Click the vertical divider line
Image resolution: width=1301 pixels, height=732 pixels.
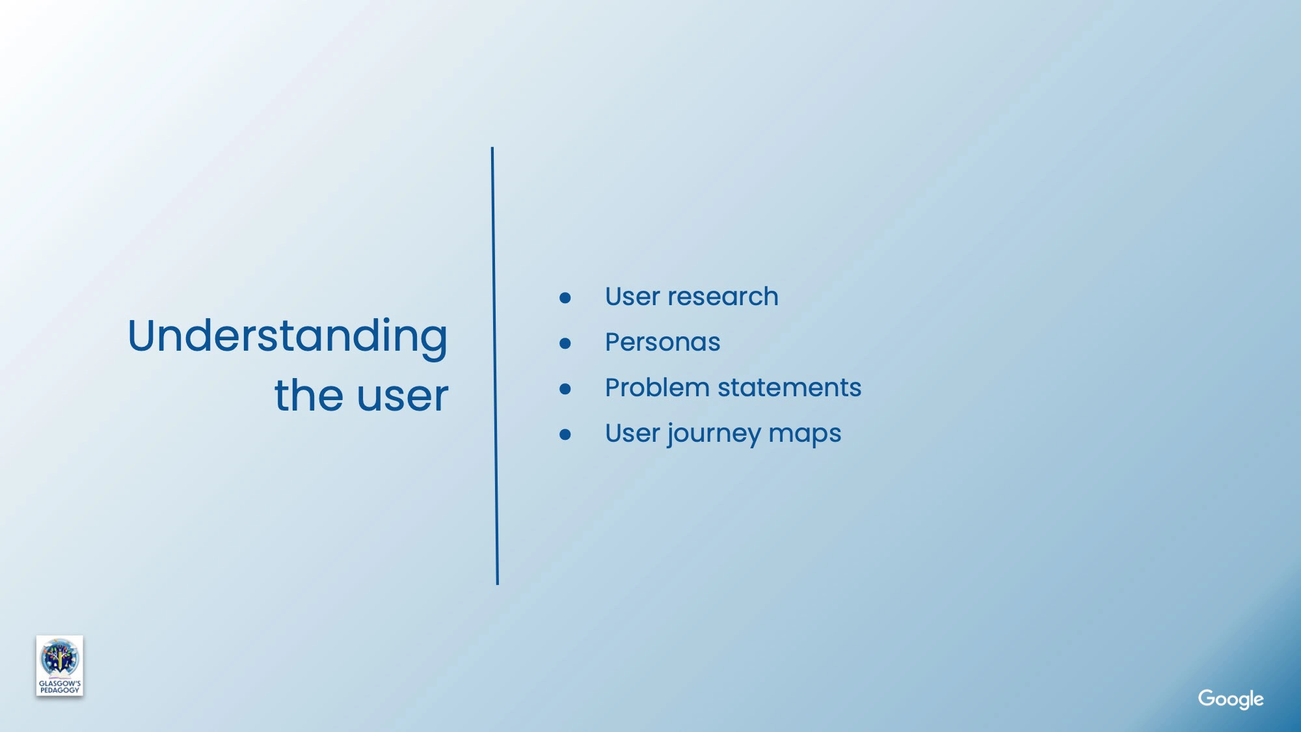tap(495, 366)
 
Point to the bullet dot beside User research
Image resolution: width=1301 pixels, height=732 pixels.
tap(565, 298)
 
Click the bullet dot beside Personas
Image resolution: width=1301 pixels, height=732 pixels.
tap(565, 344)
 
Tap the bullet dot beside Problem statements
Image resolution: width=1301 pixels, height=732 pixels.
tap(565, 389)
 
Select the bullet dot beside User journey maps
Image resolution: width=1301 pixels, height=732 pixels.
tap(565, 435)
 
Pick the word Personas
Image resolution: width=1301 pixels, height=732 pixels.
tap(663, 342)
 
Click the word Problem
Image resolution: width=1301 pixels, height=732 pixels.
tap(657, 388)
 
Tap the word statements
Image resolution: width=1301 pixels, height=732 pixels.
tap(789, 388)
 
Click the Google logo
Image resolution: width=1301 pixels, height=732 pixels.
tap(1231, 699)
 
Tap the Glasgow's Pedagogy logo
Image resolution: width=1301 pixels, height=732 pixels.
tap(59, 666)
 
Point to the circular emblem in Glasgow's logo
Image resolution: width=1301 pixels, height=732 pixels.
tap(59, 658)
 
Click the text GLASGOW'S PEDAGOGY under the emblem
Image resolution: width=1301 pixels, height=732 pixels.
tap(59, 687)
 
